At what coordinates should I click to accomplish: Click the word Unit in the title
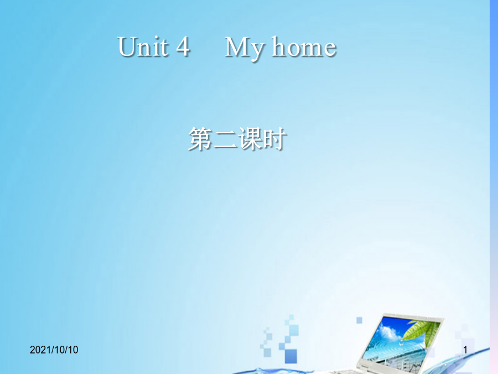(143, 47)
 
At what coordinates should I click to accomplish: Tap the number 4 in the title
(183, 47)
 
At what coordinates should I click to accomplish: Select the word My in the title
(244, 49)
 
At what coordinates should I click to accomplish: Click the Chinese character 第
(200, 139)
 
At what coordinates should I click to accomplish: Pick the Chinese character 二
(225, 139)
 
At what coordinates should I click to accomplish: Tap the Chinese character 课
(250, 139)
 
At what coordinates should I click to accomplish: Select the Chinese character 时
(274, 139)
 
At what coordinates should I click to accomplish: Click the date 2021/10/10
(54, 350)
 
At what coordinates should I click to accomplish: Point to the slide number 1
(465, 350)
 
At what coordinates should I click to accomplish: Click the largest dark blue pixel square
(290, 356)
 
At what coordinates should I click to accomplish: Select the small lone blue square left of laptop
(359, 320)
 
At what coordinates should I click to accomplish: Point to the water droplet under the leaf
(402, 344)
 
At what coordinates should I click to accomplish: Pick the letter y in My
(257, 51)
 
